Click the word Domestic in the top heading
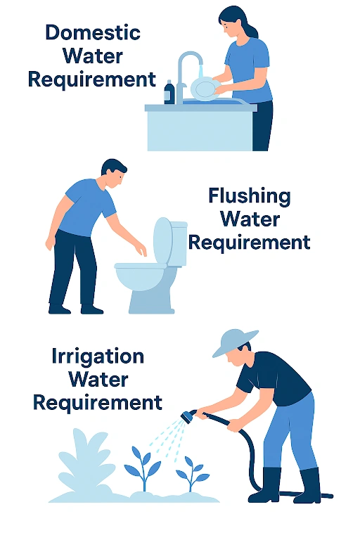tap(92, 32)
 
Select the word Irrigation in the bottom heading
tap(98, 356)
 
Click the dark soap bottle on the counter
tap(169, 92)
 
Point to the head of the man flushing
tap(113, 173)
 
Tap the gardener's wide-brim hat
tap(233, 342)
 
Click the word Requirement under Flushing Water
tap(249, 243)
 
